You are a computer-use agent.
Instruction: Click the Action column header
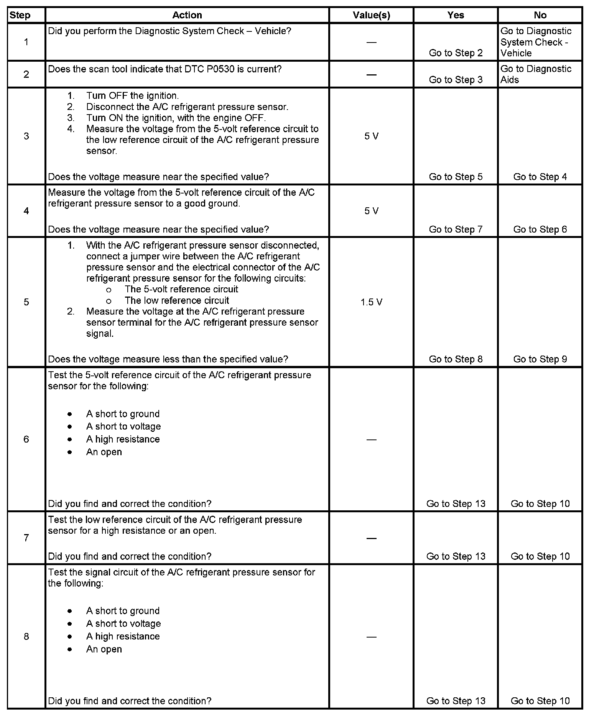pyautogui.click(x=187, y=15)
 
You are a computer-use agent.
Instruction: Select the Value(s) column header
pyautogui.click(x=371, y=15)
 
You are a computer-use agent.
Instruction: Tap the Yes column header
pyautogui.click(x=456, y=15)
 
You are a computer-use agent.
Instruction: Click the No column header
pyautogui.click(x=540, y=15)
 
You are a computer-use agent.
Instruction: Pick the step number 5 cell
pyautogui.click(x=26, y=302)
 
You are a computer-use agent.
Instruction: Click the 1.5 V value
pyautogui.click(x=371, y=302)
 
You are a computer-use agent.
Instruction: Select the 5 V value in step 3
pyautogui.click(x=371, y=136)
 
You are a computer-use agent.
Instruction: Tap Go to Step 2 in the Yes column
pyautogui.click(x=456, y=53)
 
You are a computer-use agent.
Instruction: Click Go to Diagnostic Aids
pyautogui.click(x=536, y=74)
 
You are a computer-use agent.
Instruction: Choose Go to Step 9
pyautogui.click(x=540, y=359)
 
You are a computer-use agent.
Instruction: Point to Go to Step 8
pyautogui.click(x=456, y=359)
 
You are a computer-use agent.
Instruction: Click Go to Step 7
pyautogui.click(x=456, y=229)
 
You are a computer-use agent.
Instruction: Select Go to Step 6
pyautogui.click(x=540, y=229)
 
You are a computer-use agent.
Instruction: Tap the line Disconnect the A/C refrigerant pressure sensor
pyautogui.click(x=187, y=107)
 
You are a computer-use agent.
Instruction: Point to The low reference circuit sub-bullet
pyautogui.click(x=177, y=300)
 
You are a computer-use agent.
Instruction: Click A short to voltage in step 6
pyautogui.click(x=123, y=426)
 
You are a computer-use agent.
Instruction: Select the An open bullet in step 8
pyautogui.click(x=104, y=649)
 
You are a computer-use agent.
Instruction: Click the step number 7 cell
pyautogui.click(x=26, y=538)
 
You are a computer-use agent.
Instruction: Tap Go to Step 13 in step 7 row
pyautogui.click(x=456, y=556)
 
